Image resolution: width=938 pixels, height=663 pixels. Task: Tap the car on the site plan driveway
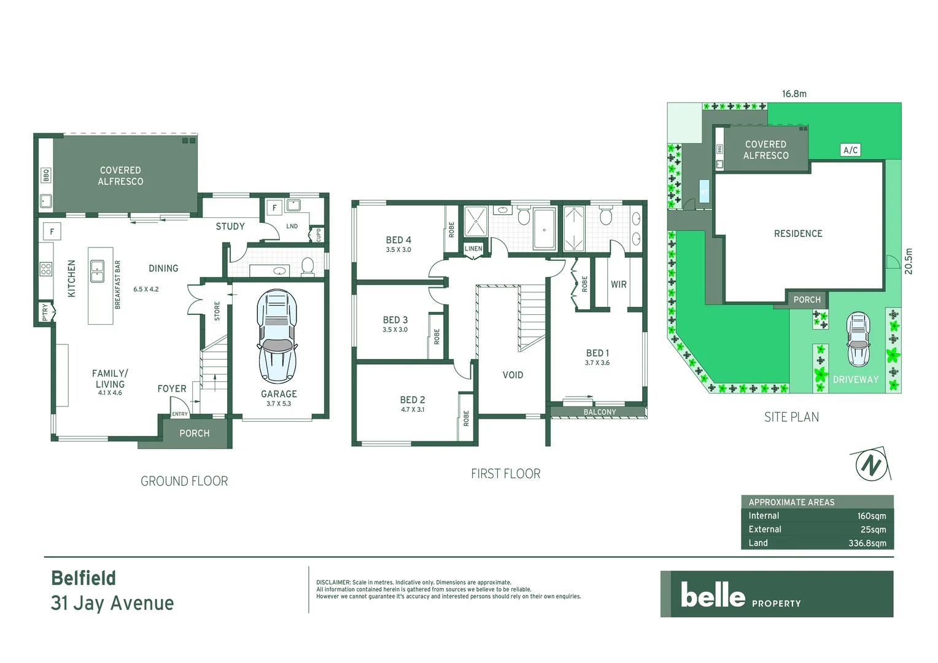[858, 339]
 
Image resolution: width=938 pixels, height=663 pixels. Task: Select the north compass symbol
[871, 465]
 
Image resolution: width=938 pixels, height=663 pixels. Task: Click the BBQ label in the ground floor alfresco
[46, 176]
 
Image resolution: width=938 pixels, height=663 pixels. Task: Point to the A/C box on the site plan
[850, 150]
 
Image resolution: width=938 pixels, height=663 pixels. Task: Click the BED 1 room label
[597, 353]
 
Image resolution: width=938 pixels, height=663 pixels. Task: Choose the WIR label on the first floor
[618, 284]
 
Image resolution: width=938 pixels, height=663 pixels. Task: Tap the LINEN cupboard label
[473, 249]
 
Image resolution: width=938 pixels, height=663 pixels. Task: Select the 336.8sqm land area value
[867, 543]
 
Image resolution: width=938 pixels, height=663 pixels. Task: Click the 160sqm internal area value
[871, 516]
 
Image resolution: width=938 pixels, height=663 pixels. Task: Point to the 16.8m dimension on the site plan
[794, 94]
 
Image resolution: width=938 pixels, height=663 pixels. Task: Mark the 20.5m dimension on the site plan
[909, 262]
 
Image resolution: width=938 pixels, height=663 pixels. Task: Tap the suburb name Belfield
[83, 578]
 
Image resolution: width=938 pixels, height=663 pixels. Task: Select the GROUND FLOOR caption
[184, 481]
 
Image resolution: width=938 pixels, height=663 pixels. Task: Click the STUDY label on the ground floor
[230, 227]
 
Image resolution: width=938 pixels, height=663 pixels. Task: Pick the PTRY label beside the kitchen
[45, 312]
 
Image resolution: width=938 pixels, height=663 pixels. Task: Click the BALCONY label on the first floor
[599, 412]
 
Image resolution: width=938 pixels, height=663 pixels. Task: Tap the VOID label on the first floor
[513, 375]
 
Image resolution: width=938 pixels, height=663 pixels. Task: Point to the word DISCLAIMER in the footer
[333, 583]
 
